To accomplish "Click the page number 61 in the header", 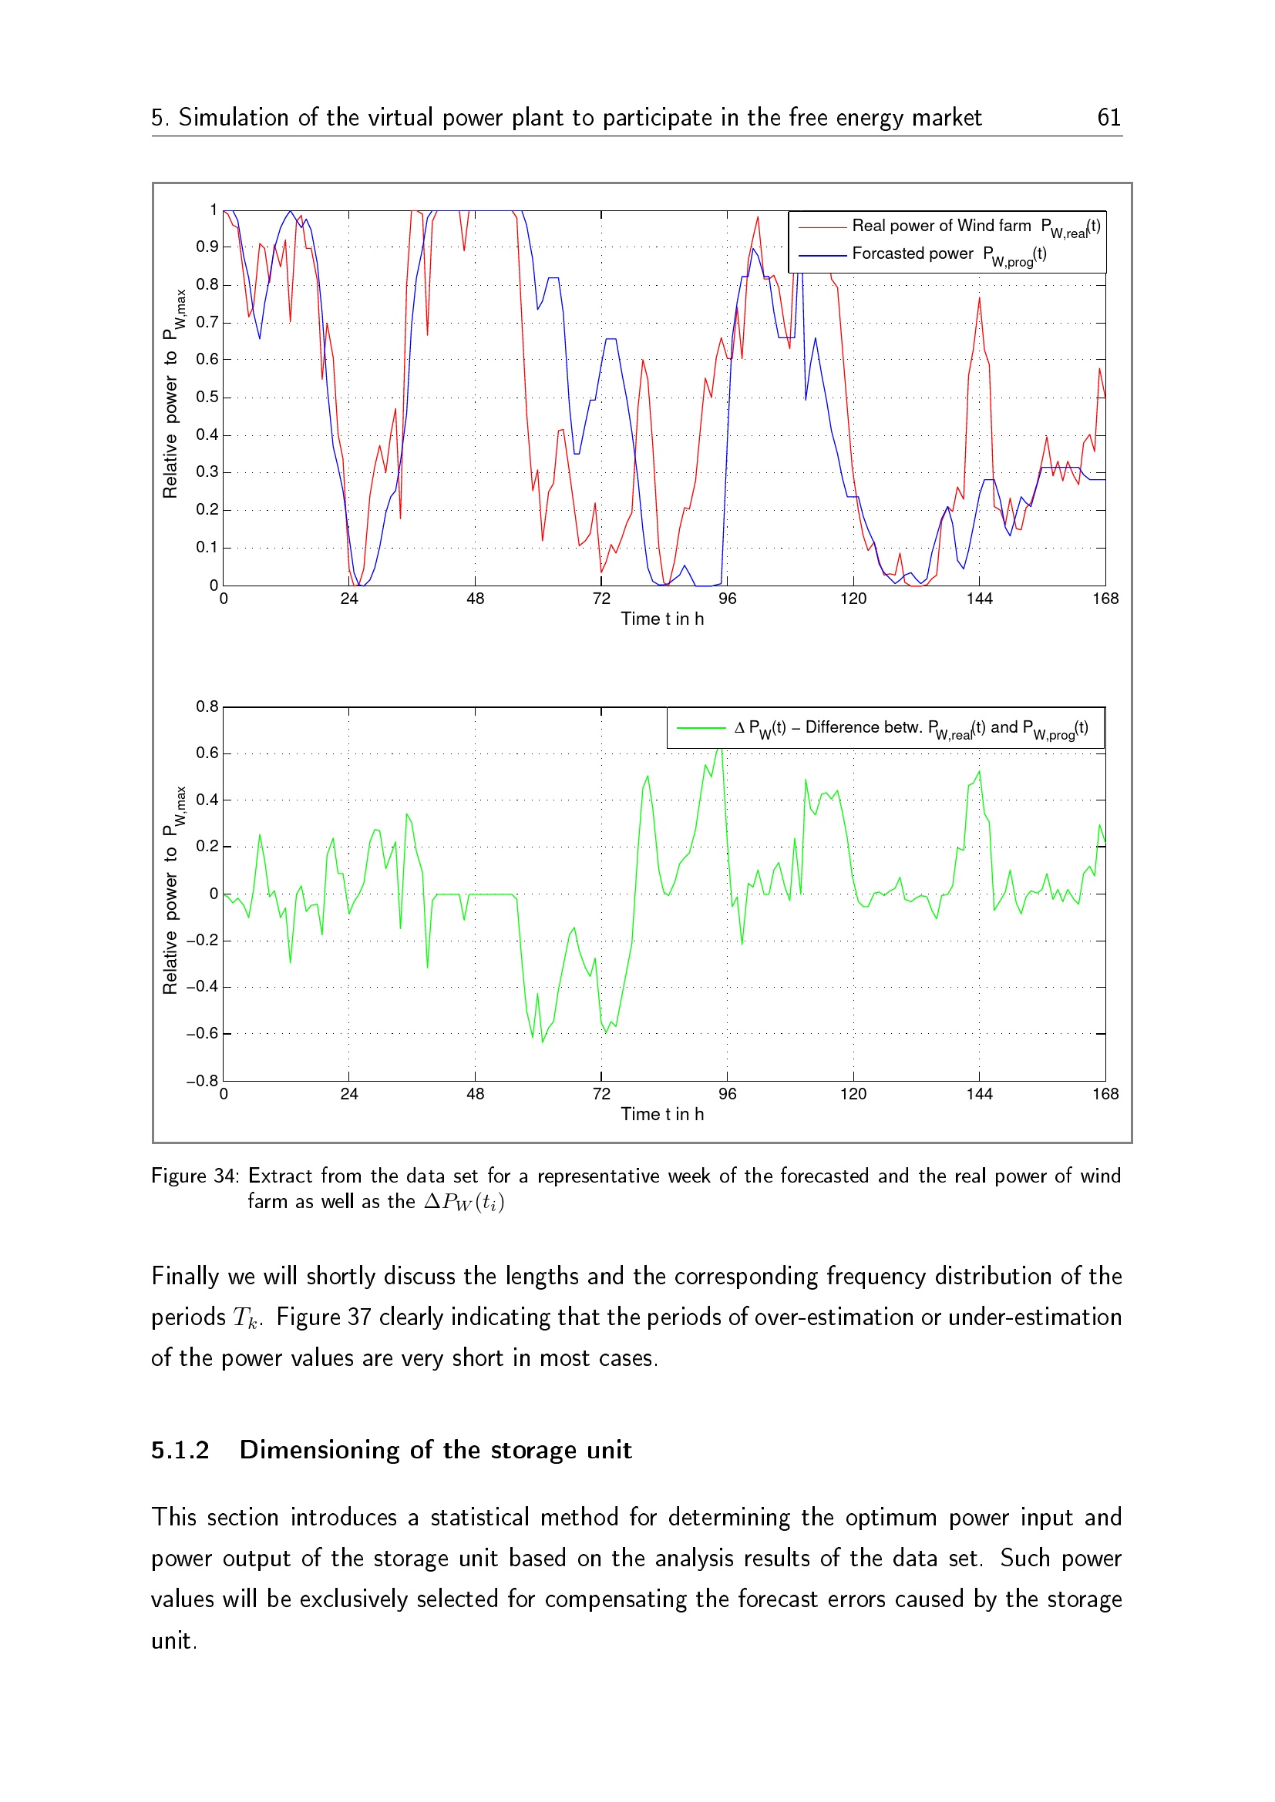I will (x=1108, y=118).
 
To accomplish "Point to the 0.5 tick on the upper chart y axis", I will (x=207, y=397).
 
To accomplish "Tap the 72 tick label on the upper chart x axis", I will (x=601, y=599).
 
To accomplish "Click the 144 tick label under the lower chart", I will (x=979, y=1094).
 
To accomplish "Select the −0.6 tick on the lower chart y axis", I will (x=203, y=1034).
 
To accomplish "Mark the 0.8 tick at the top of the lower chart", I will (x=207, y=707).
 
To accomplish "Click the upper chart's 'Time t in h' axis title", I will (x=662, y=619).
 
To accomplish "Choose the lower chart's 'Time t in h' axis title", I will (x=662, y=1115).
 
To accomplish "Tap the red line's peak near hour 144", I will (x=979, y=298).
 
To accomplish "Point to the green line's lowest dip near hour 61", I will (x=543, y=1042).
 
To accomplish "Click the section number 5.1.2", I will (x=180, y=1451).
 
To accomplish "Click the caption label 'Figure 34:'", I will (x=194, y=1176).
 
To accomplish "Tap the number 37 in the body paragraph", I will (x=358, y=1317).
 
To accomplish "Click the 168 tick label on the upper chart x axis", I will (x=1105, y=599).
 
